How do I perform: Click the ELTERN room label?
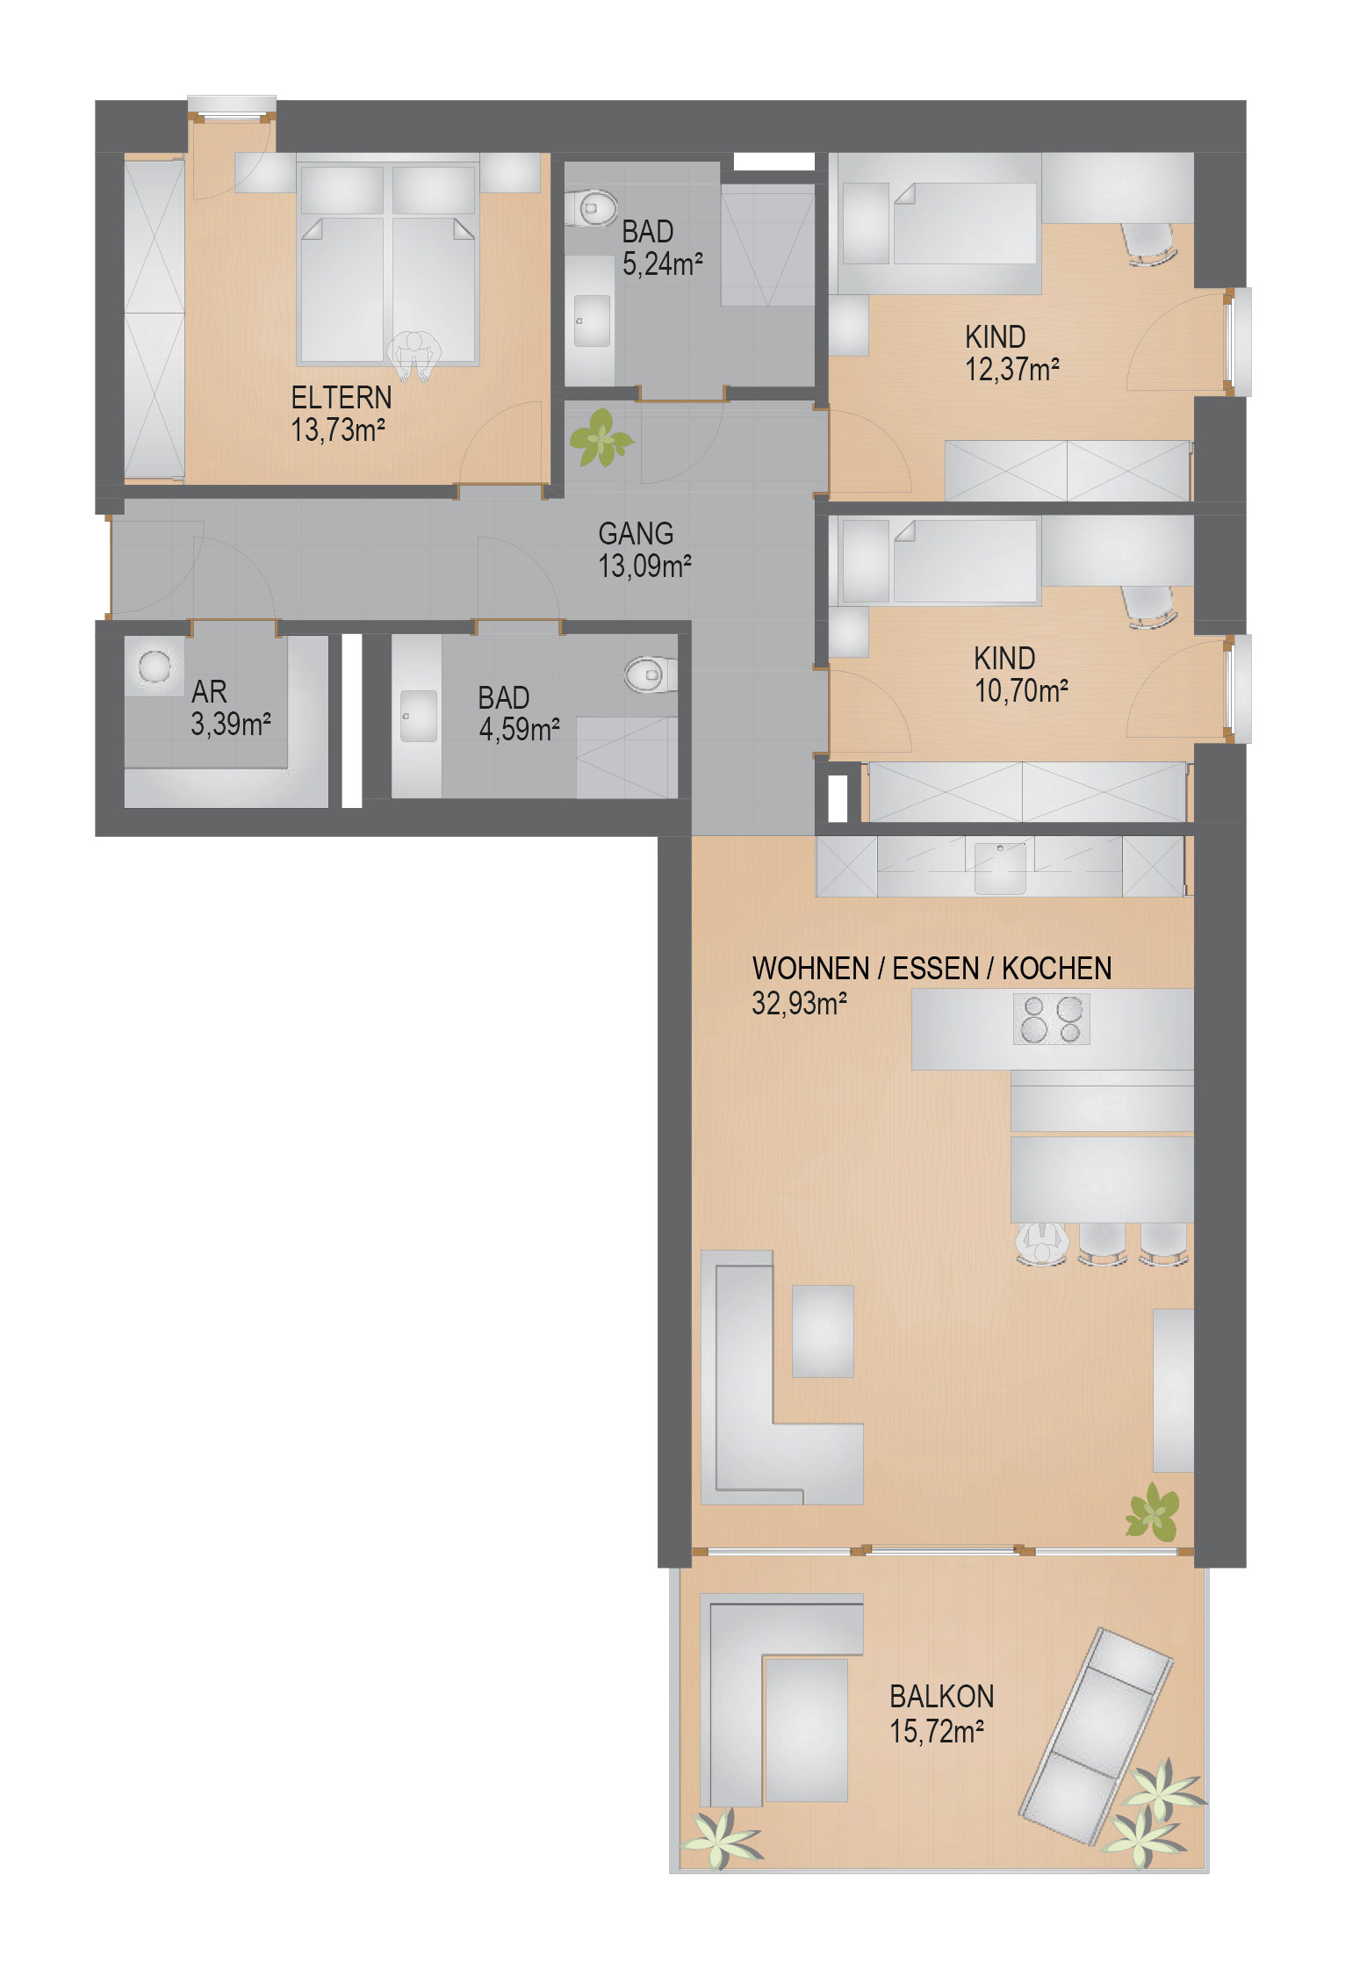pos(342,398)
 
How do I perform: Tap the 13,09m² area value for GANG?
pos(644,566)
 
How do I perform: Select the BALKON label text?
pos(941,1696)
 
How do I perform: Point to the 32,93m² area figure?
pos(799,1003)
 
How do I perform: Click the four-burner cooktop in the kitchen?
pos(1051,1019)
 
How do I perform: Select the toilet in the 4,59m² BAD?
pos(651,675)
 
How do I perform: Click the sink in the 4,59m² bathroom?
pos(419,716)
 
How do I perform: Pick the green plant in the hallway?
pos(601,437)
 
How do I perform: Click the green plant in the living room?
pos(1153,1511)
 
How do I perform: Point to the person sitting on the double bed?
pos(414,355)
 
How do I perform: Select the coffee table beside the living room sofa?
pos(823,1331)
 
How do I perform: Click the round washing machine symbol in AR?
pos(155,667)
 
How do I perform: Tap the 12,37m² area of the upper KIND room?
pos(1011,370)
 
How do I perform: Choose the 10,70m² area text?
pos(1020,691)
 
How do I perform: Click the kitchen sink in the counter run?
pos(1000,867)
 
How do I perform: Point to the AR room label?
pos(209,692)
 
